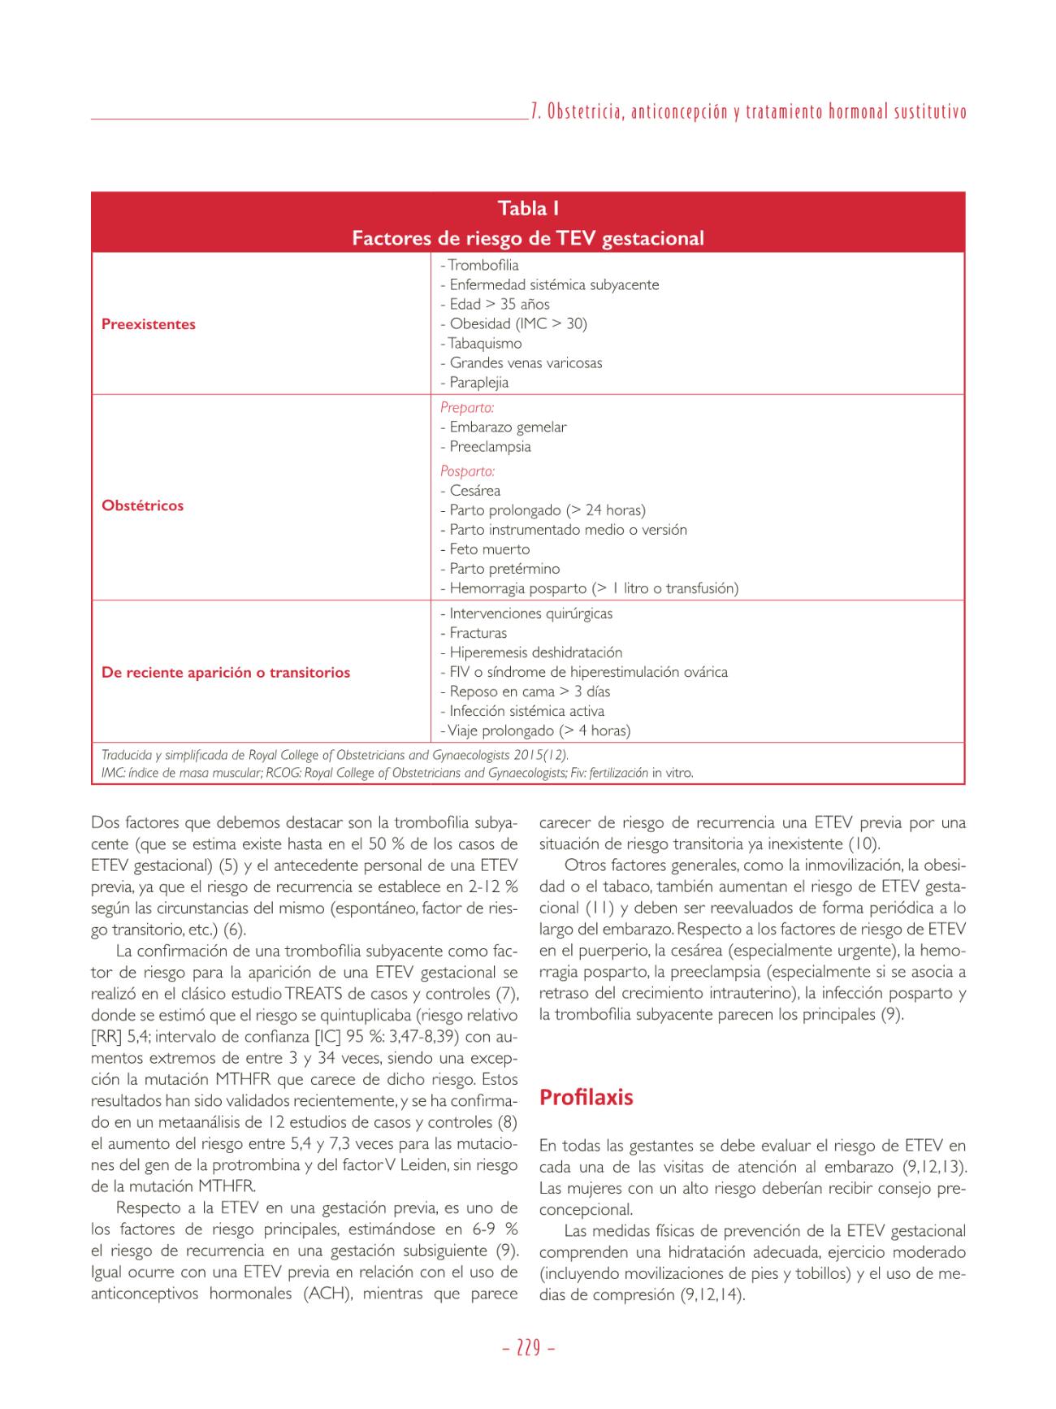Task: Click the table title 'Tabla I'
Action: point(528,209)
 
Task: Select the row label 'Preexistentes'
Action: point(149,324)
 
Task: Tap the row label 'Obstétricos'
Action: point(143,505)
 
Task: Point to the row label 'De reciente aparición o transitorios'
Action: point(226,673)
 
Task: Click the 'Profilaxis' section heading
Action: point(586,1098)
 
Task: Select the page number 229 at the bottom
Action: point(528,1348)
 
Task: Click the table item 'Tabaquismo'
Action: point(484,344)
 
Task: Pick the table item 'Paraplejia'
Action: point(478,383)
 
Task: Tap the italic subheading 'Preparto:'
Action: point(467,408)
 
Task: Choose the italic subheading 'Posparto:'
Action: point(467,471)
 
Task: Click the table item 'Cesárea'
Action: point(474,491)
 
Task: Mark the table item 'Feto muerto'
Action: point(489,549)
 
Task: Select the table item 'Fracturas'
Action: point(478,633)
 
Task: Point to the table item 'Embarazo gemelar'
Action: point(508,427)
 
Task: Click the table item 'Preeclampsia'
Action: point(490,447)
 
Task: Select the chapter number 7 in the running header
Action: point(534,112)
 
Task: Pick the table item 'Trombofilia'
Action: point(483,266)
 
